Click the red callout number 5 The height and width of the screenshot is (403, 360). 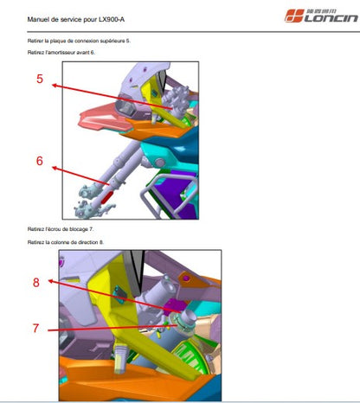pos(40,79)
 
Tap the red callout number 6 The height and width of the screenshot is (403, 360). pos(40,161)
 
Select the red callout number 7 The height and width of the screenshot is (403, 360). pos(35,328)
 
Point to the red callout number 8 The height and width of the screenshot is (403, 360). pos(36,283)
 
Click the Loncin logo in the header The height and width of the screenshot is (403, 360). pos(321,16)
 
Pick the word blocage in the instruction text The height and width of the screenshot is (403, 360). pos(79,229)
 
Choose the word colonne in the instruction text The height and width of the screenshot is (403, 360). pos(60,242)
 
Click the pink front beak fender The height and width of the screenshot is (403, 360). pos(98,118)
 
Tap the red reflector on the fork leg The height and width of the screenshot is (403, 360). pos(107,197)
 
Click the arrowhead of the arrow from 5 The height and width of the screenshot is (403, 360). pos(55,86)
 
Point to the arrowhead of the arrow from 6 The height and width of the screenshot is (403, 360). pos(55,168)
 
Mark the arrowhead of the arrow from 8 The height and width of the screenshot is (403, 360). pos(51,281)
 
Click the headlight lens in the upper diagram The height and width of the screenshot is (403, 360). pos(125,109)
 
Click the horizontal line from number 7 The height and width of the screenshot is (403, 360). pos(112,328)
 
